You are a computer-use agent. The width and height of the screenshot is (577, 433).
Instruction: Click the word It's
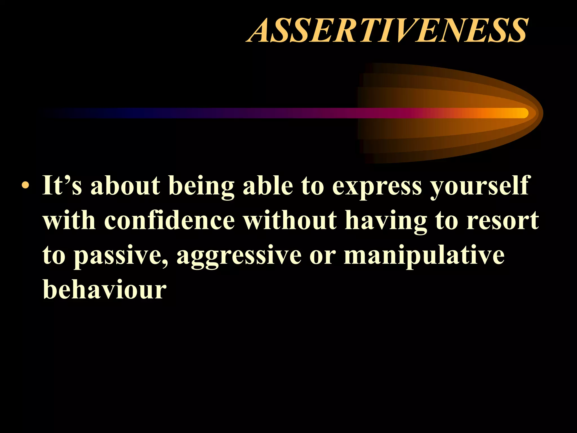(x=62, y=185)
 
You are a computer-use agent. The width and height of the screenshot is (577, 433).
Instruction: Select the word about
(x=125, y=185)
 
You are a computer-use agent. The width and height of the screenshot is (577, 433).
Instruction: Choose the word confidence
(x=169, y=220)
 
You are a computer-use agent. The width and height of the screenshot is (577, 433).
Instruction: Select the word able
(x=268, y=185)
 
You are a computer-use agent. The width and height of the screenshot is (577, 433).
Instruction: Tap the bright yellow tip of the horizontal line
(x=521, y=113)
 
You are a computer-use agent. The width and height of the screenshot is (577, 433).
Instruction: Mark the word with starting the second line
(x=69, y=220)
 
